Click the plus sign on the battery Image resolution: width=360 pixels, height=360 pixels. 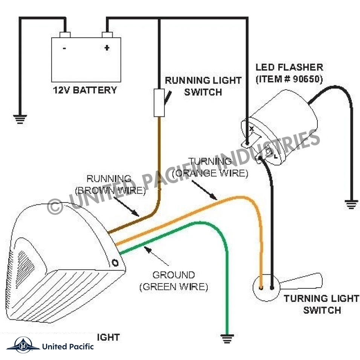pos(107,48)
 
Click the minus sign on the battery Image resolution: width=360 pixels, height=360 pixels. pos(65,48)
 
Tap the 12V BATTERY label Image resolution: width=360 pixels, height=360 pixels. pos(85,90)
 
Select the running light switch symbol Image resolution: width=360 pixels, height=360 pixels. pos(159,103)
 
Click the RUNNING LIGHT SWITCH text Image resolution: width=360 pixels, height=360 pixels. pos(203,86)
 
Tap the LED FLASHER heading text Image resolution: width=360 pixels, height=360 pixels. pos(289,68)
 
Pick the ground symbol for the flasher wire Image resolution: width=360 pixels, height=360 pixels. pos(351,205)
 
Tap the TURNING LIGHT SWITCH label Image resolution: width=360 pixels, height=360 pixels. pos(321,304)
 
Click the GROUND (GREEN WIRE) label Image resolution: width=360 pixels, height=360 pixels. pos(174,281)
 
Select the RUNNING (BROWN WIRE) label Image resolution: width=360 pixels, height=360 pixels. pos(110,185)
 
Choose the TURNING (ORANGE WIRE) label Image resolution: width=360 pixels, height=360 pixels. pos(210,167)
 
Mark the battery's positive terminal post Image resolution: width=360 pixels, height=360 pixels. pos(107,35)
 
